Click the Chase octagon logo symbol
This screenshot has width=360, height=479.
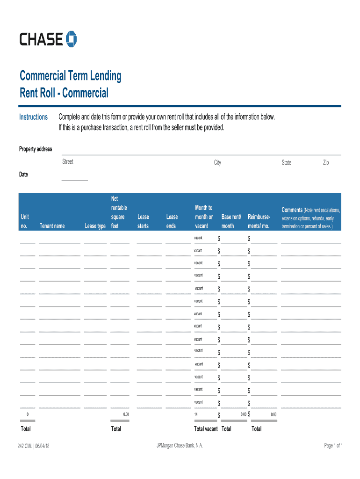72,39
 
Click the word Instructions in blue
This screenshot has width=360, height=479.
33,117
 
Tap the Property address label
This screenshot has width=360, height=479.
36,149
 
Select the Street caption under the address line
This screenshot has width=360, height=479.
68,162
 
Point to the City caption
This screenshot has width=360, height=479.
217,163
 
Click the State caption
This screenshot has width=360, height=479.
286,163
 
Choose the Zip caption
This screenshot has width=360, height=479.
326,162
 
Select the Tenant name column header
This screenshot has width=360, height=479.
52,226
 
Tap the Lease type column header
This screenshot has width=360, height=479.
95,226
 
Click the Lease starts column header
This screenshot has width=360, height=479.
143,221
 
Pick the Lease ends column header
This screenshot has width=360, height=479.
172,221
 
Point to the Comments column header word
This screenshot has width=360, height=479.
292,210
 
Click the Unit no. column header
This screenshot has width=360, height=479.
25,221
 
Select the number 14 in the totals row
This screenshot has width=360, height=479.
196,414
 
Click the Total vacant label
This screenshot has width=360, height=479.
206,429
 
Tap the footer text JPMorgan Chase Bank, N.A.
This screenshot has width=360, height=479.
180,446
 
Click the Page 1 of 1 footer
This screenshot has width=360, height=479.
334,446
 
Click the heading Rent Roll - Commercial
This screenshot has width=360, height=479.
64,93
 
